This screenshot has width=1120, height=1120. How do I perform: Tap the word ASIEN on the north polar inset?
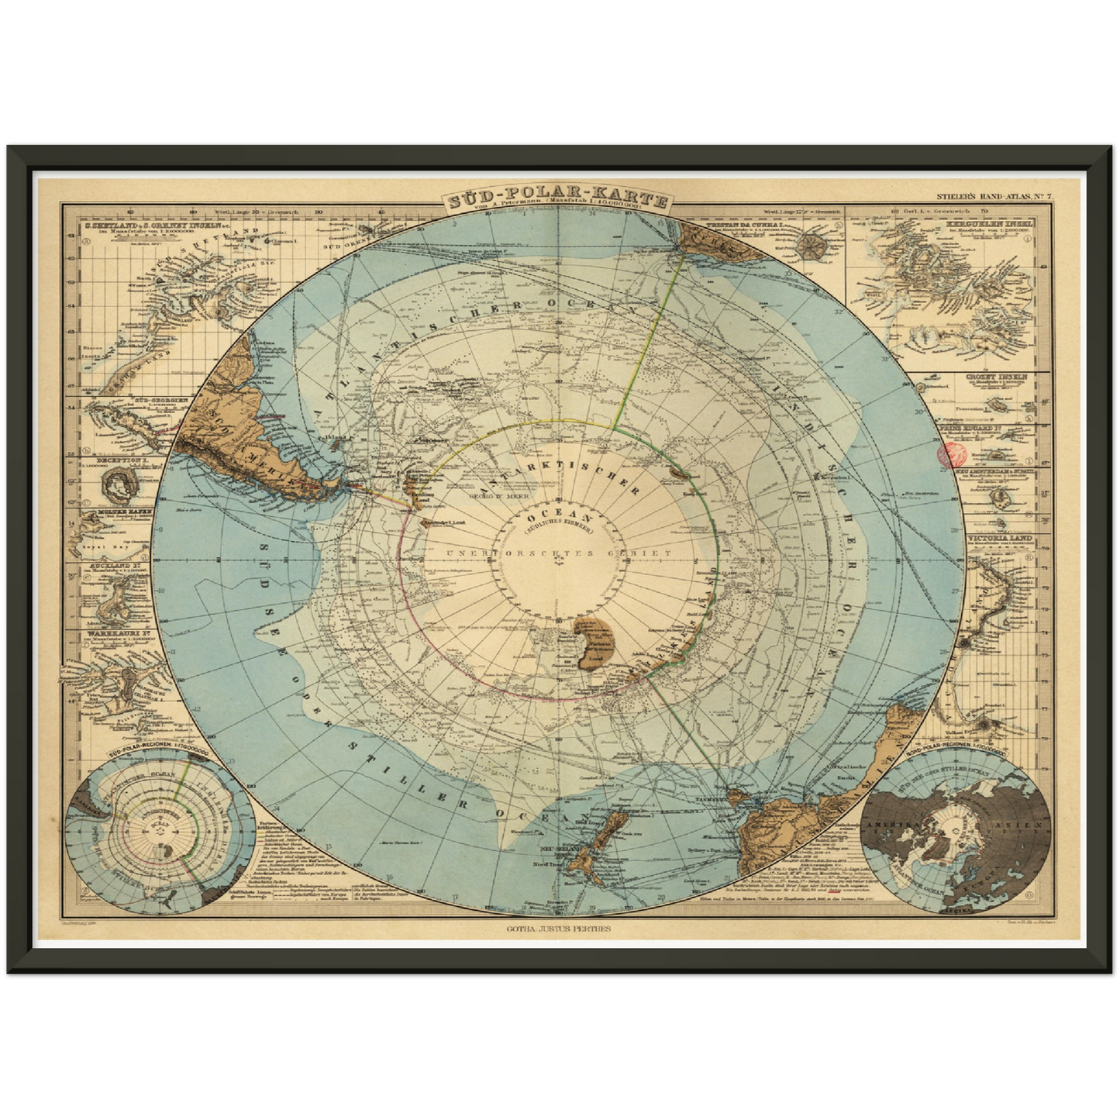pos(1023,825)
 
